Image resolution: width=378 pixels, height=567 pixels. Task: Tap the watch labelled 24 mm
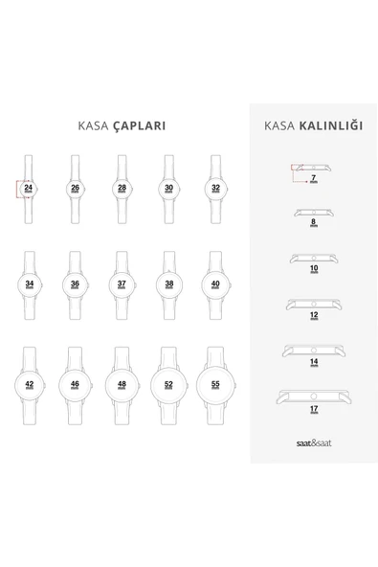click(29, 188)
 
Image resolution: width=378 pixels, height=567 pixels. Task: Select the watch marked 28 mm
click(122, 188)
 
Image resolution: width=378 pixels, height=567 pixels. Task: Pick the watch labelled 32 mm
click(215, 188)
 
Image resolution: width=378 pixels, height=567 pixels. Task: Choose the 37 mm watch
click(122, 283)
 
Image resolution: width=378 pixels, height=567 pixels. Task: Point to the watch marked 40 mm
click(215, 283)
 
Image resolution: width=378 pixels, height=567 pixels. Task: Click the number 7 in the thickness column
click(313, 178)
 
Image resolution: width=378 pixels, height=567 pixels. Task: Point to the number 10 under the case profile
click(313, 269)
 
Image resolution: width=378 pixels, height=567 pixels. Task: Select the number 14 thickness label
click(313, 362)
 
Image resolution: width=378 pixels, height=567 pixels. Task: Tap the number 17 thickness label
click(313, 408)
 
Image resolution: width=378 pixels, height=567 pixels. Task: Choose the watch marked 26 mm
click(75, 188)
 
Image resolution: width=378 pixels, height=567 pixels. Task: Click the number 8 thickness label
click(313, 222)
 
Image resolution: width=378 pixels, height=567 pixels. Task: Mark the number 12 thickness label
click(313, 315)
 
